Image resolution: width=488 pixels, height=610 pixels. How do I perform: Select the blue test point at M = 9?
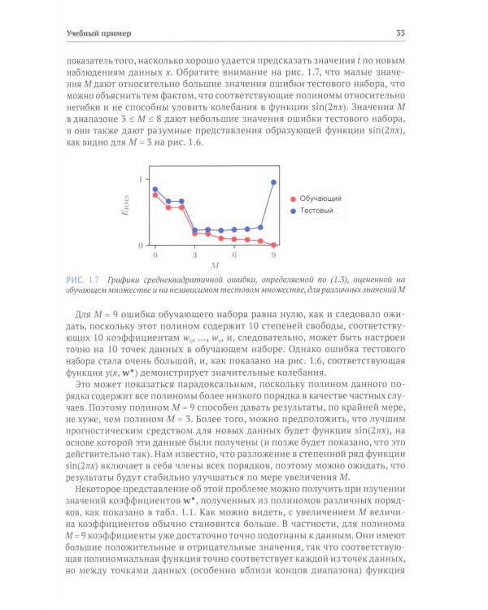tap(273, 182)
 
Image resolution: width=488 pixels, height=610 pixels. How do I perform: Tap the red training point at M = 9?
tap(273, 245)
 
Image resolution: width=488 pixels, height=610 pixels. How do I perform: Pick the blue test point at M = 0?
tap(155, 190)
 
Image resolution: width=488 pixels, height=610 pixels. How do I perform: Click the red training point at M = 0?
tap(155, 195)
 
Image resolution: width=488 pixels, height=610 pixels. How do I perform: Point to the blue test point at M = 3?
tap(194, 230)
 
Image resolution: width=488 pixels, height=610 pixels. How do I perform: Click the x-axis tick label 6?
tap(234, 255)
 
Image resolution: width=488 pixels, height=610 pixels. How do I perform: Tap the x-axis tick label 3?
tap(194, 255)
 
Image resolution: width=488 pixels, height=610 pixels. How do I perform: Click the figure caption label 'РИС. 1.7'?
tap(83, 281)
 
